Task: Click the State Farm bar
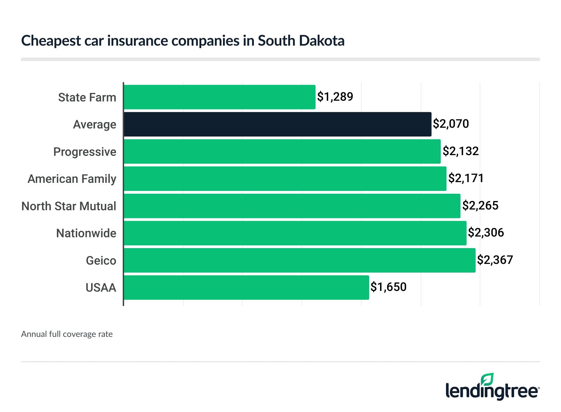[219, 97]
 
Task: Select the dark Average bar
[277, 124]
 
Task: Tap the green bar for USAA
[246, 287]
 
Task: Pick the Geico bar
[299, 260]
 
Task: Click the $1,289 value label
[335, 97]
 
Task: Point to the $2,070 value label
[451, 124]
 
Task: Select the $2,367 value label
[495, 260]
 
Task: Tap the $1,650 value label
[388, 287]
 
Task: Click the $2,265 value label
[480, 206]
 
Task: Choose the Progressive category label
[85, 152]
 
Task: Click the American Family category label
[72, 179]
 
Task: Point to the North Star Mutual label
[69, 206]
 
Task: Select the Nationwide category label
[86, 233]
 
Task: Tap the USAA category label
[101, 288]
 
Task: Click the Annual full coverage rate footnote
[67, 334]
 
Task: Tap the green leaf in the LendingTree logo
[487, 380]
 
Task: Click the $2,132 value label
[460, 151]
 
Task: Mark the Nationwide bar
[295, 233]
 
